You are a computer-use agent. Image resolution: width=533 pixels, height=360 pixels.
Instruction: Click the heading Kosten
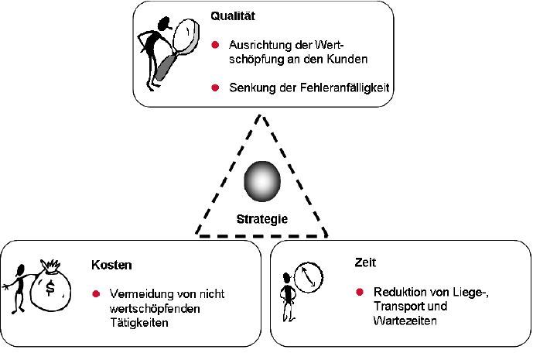(111, 265)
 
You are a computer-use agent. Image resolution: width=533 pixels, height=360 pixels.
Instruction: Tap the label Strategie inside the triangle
(262, 219)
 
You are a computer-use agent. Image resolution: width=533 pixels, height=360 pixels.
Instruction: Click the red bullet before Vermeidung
(97, 294)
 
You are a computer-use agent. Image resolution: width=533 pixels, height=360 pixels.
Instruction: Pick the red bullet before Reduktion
(360, 292)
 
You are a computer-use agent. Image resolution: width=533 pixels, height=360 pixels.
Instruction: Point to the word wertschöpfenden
(152, 308)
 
